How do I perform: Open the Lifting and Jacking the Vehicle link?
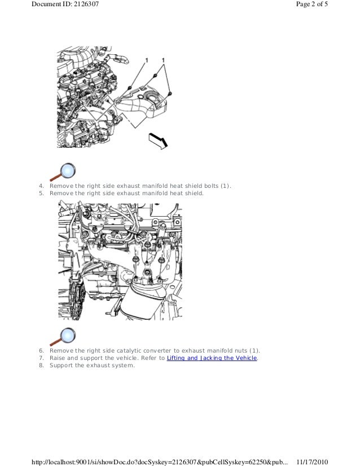tap(212, 358)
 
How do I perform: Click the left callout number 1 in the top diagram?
tap(147, 60)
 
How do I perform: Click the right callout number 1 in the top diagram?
tap(164, 60)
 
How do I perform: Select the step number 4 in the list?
tap(41, 186)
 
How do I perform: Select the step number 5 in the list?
tap(41, 193)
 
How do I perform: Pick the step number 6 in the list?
tap(41, 350)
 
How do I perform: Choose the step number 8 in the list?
tap(41, 365)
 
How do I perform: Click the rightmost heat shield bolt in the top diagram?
tap(170, 93)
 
